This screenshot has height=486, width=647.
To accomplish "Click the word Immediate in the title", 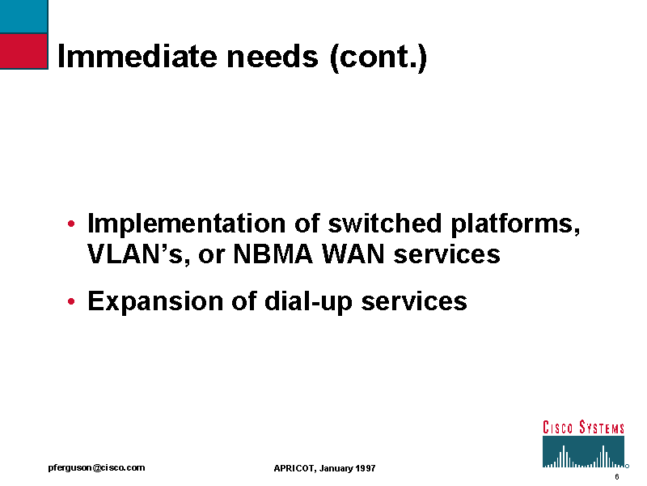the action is point(137,56).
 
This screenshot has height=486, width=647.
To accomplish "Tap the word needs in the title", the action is point(273,56).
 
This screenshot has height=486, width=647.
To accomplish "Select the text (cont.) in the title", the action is point(378,57).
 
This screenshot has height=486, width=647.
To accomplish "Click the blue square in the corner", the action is point(23,16).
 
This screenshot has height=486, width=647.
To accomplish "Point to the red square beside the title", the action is point(23,51).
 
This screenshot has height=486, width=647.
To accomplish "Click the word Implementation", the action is point(186,225).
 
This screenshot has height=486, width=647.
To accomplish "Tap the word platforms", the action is point(516,225).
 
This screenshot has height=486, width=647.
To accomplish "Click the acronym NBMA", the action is point(273,254).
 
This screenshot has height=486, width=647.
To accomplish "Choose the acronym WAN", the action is point(353,254).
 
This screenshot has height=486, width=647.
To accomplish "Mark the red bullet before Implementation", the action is point(71,224).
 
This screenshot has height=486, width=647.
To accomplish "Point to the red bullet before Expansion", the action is point(71,301).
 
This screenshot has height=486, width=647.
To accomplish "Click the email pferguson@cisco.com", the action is point(96,468).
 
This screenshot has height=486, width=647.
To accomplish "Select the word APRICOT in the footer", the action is point(294,468).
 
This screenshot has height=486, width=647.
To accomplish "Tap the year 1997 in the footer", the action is point(366,468).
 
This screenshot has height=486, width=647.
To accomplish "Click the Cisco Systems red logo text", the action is point(583,428).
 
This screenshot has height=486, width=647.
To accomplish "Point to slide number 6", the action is point(617,477).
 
